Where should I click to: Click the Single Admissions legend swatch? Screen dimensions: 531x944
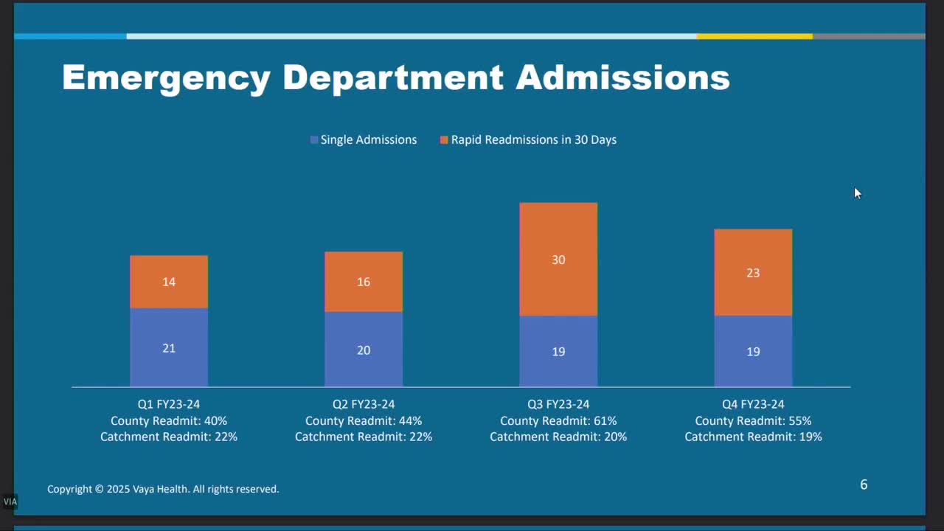click(314, 140)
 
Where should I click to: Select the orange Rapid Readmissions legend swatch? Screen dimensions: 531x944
click(444, 140)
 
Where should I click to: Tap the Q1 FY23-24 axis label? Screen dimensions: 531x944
click(169, 404)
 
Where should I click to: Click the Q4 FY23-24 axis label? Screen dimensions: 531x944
click(753, 404)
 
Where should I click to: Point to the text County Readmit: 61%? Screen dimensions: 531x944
click(558, 421)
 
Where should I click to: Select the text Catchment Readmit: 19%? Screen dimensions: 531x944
click(753, 437)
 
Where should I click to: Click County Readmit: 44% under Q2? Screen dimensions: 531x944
click(364, 421)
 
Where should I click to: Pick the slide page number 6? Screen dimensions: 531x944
click(864, 485)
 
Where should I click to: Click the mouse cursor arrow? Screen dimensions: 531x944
click(857, 193)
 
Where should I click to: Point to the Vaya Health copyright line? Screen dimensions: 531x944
click(163, 489)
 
